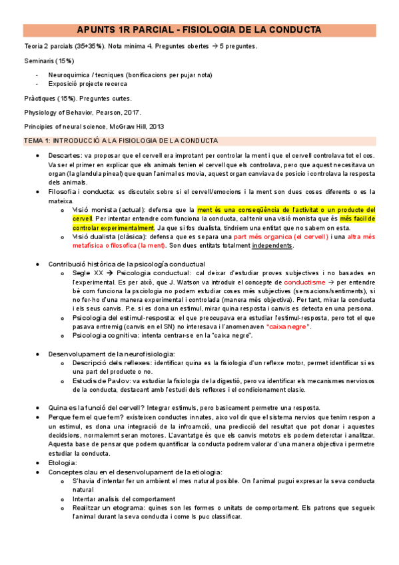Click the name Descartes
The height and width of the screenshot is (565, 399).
click(63, 155)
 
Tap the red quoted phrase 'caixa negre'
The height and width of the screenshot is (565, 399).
click(287, 326)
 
